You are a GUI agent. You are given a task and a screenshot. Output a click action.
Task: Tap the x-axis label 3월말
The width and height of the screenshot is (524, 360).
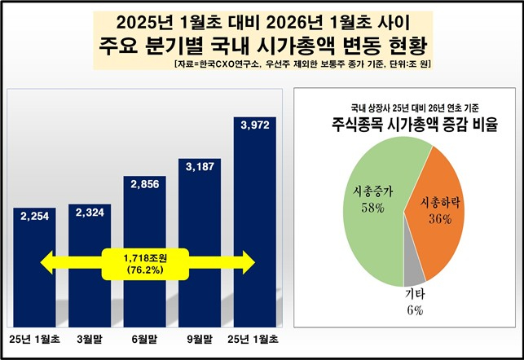[x=90, y=337]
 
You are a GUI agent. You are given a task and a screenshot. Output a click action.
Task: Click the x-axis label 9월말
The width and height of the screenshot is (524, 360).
[x=200, y=337]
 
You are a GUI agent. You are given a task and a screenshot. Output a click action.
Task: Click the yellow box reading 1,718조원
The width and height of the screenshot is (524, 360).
[x=134, y=263]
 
